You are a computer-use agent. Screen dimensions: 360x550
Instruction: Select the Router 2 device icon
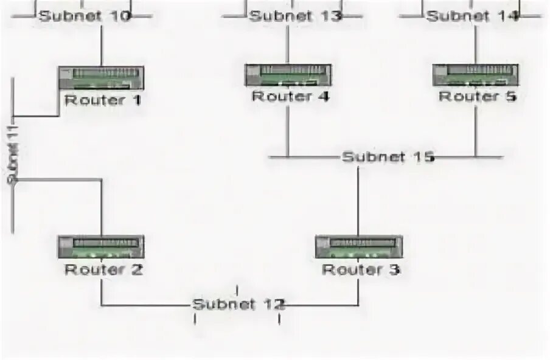[101, 247]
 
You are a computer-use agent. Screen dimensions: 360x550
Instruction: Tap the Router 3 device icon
[358, 247]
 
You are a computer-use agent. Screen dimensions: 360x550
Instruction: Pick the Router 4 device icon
[288, 75]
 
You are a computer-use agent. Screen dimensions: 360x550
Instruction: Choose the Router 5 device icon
[475, 75]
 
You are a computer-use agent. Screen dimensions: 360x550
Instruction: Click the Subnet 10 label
[85, 16]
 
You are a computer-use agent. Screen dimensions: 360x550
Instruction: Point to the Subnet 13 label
[296, 16]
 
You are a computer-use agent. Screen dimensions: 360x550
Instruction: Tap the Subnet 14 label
[473, 16]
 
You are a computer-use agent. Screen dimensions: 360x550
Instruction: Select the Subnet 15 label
[388, 157]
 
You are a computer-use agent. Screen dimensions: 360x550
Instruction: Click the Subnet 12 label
[238, 304]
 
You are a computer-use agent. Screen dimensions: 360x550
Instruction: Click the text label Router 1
[102, 100]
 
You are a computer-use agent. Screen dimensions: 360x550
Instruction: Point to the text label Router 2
[103, 269]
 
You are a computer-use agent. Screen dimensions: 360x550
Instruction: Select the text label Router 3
[361, 269]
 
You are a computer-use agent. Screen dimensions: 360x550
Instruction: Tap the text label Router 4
[290, 96]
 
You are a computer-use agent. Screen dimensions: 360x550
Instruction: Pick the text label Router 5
[478, 96]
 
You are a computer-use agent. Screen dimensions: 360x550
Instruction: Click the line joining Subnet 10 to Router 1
[101, 46]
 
